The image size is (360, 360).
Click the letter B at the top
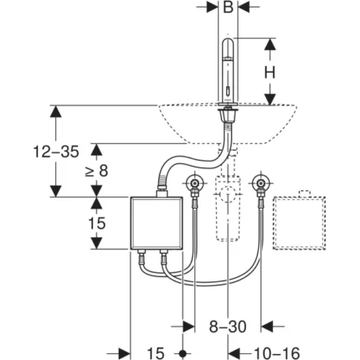coord(229,8)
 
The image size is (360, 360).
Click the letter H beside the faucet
coord(270,73)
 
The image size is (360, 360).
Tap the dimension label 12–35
coord(56,152)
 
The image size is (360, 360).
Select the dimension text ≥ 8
coord(96,171)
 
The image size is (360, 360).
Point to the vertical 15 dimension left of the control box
coord(97,224)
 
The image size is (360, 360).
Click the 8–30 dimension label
coord(228,327)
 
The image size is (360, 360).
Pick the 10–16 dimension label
coord(277,353)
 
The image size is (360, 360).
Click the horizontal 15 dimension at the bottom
coord(156,353)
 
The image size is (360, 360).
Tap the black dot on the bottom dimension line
coord(183,354)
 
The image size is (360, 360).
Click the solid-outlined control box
coord(157,223)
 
